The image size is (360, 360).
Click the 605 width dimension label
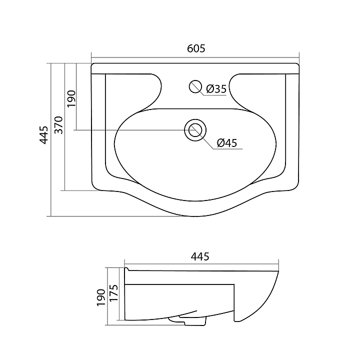[x=196, y=48]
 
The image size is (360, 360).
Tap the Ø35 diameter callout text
[x=216, y=89]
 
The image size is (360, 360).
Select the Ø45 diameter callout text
[x=226, y=143]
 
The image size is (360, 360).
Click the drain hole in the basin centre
[x=195, y=130]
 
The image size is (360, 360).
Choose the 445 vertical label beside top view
[x=44, y=135]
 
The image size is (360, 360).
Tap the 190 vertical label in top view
[x=71, y=98]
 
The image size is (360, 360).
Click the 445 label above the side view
[x=200, y=256]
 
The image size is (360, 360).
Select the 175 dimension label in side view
[x=113, y=293]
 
